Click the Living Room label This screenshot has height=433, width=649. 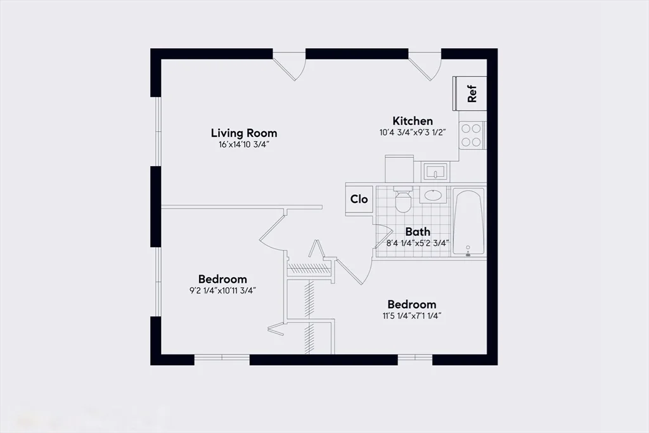(243, 133)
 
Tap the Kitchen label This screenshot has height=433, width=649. (413, 120)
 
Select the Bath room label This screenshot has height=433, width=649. (418, 231)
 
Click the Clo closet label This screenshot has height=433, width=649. (359, 199)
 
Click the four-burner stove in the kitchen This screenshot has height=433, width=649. (471, 134)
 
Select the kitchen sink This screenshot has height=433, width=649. (435, 171)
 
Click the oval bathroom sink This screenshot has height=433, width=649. (434, 195)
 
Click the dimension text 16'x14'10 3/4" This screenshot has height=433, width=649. (243, 145)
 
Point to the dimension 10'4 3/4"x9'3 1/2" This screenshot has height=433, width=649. (413, 133)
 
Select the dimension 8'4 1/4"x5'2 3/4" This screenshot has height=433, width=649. (418, 243)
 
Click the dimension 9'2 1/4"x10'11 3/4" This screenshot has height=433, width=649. (222, 290)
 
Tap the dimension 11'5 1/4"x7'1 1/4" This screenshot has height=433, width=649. (411, 316)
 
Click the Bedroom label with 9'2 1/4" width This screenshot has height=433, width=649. (222, 279)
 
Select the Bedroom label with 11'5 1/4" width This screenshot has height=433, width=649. (411, 304)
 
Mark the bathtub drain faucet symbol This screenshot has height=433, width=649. (468, 252)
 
